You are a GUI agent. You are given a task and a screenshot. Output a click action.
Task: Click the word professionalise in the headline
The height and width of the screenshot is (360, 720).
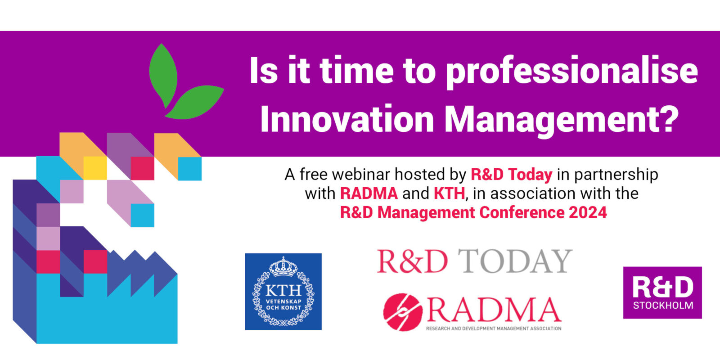(x=572, y=72)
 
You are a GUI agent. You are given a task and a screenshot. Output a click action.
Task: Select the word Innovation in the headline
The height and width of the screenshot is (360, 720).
(x=347, y=119)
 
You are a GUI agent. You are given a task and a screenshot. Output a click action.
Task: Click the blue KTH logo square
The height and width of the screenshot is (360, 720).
(x=283, y=292)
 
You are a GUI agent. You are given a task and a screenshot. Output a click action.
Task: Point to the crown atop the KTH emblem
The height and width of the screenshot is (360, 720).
(x=283, y=266)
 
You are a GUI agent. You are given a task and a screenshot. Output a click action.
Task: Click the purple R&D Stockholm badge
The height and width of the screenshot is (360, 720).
(x=662, y=292)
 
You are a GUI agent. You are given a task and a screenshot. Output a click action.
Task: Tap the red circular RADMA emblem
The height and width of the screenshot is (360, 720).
(x=403, y=312)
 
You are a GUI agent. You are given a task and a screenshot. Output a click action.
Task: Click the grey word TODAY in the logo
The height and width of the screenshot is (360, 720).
(x=515, y=261)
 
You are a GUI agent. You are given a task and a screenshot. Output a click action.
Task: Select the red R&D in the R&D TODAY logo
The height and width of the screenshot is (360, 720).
(x=412, y=261)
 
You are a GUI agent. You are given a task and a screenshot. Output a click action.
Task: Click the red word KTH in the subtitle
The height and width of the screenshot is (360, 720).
(x=450, y=193)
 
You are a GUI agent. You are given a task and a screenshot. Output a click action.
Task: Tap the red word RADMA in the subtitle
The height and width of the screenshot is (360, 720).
(x=369, y=193)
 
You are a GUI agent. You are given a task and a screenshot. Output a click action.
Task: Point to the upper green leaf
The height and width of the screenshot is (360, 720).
(x=163, y=76)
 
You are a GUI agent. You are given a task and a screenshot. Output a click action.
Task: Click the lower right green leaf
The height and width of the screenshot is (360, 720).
(x=194, y=102)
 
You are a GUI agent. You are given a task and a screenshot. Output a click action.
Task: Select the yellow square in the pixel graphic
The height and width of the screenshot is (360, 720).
(x=95, y=168)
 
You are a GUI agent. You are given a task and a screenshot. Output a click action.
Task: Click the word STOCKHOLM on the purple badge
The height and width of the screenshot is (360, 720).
(x=663, y=306)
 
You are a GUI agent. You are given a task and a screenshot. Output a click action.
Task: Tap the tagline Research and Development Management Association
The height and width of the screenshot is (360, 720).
(x=494, y=328)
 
